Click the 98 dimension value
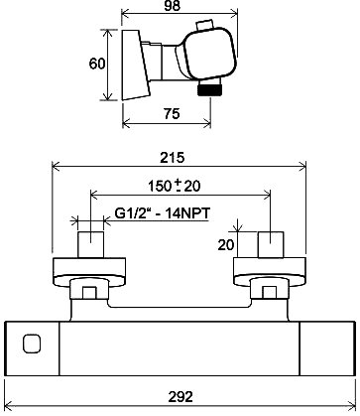point(173,6)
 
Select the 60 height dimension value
point(97,64)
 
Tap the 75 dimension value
point(172,113)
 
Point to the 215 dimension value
point(172,158)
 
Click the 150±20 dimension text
point(175,186)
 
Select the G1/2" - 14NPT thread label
point(163,213)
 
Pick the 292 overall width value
point(180,396)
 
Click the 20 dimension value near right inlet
point(226,245)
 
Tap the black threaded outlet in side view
point(210,90)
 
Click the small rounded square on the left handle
point(32,344)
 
